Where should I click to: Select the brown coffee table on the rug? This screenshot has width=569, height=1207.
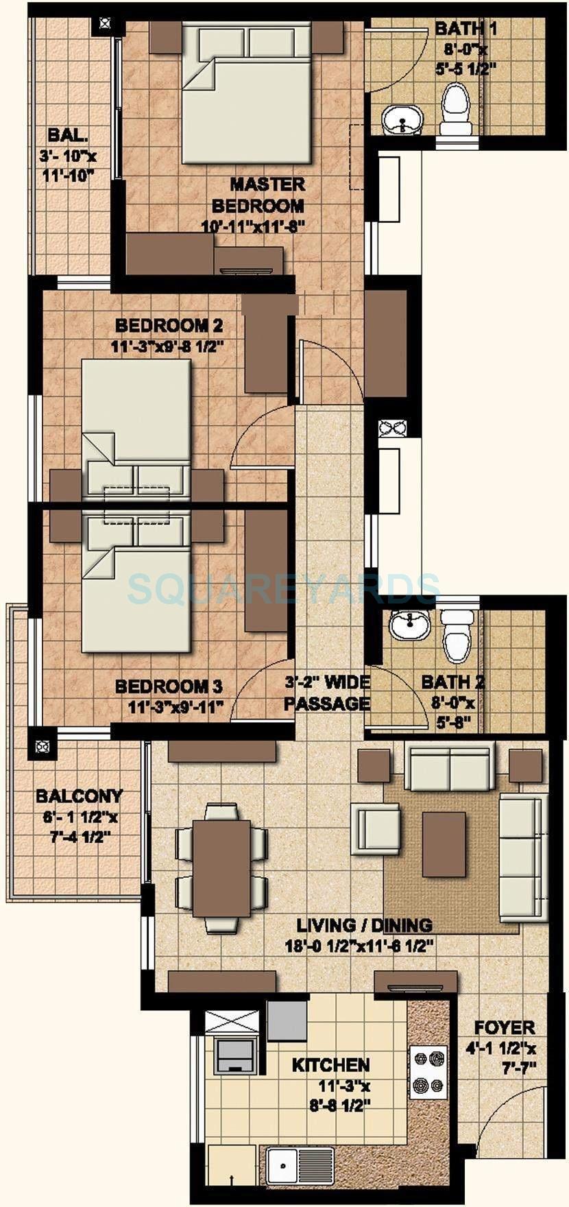click(x=444, y=844)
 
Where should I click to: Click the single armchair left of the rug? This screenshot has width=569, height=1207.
click(x=376, y=829)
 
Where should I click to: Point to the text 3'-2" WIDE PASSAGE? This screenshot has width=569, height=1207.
click(x=328, y=693)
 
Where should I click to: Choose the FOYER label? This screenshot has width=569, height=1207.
click(x=505, y=1027)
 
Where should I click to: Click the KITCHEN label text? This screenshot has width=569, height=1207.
click(x=330, y=1065)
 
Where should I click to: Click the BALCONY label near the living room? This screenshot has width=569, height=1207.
click(x=80, y=796)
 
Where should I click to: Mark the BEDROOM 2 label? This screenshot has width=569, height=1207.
click(x=169, y=324)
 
